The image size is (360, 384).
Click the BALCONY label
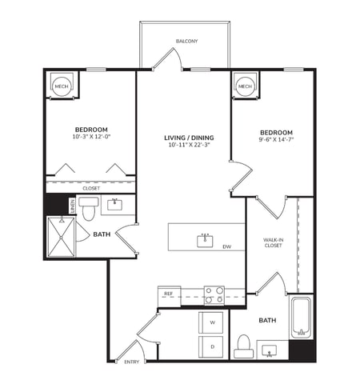[x=186, y=41]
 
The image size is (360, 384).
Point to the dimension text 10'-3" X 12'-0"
[x=91, y=137]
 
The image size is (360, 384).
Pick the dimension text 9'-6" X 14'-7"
[x=276, y=140]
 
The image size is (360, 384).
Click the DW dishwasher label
[x=227, y=246]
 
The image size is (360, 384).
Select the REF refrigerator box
[x=169, y=294]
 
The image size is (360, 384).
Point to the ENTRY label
[x=132, y=362]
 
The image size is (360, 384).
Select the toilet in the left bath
[x=88, y=209]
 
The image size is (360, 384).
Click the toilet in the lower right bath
[x=244, y=346]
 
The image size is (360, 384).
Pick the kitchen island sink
[x=206, y=237]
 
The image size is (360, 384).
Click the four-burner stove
[x=214, y=295]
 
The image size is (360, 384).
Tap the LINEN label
[x=71, y=206]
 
